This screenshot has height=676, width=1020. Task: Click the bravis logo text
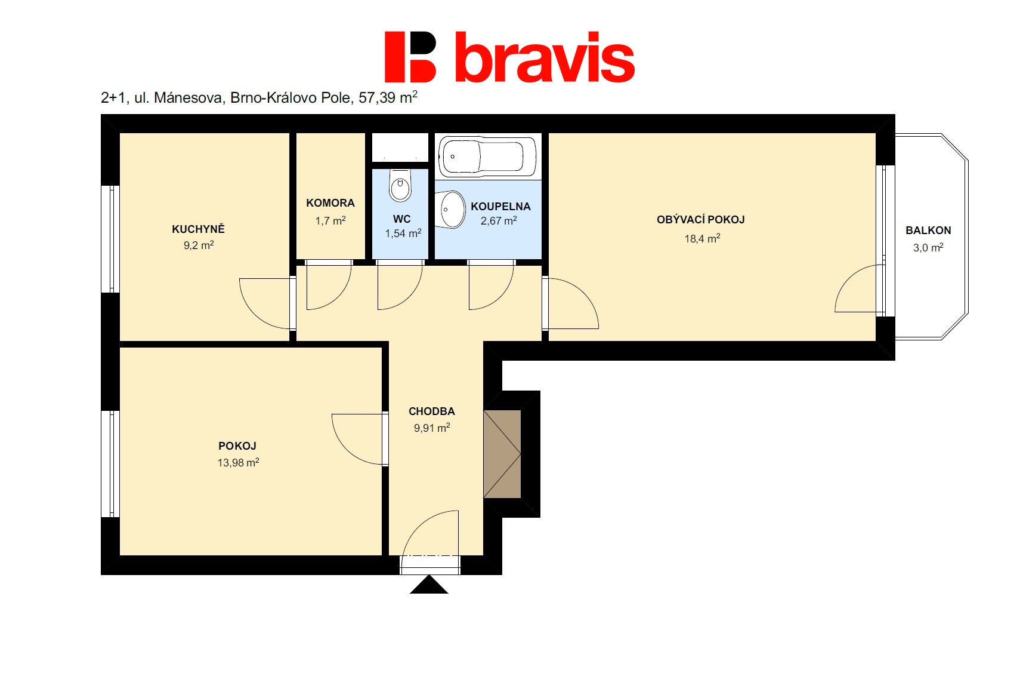tap(545, 57)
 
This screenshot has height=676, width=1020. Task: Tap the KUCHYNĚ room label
tap(198, 229)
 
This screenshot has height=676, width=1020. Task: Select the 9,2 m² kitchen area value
tap(199, 245)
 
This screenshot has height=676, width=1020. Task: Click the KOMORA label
tap(330, 203)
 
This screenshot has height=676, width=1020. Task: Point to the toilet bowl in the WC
tap(400, 186)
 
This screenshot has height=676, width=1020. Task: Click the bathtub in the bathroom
tap(487, 156)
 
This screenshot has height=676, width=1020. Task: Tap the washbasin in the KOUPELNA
tap(449, 210)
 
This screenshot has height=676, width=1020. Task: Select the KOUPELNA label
tap(500, 207)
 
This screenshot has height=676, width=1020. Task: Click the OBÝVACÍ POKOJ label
tap(700, 220)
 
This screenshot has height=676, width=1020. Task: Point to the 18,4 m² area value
tap(702, 238)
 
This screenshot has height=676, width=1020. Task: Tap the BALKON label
tap(928, 231)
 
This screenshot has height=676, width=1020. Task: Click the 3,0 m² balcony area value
tap(928, 247)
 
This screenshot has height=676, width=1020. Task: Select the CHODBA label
tap(432, 411)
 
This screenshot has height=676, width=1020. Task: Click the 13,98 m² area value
tap(238, 463)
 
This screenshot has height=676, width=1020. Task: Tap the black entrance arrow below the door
tap(429, 585)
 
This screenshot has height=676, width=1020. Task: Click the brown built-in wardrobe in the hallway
tap(502, 454)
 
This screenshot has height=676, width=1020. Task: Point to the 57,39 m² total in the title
tap(388, 97)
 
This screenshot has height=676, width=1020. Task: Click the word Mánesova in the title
tap(188, 97)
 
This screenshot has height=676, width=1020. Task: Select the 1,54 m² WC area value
tap(403, 233)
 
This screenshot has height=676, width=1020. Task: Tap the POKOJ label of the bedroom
tap(237, 446)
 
